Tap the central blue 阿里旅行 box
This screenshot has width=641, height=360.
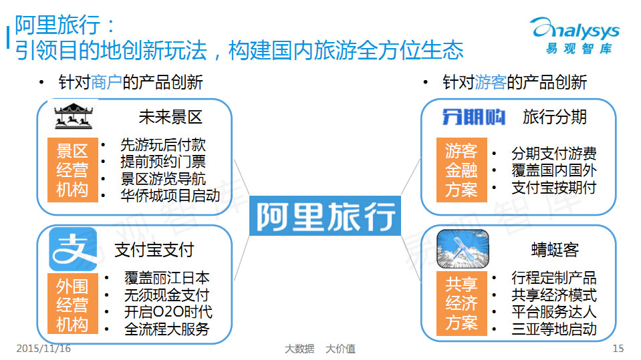[x=325, y=216]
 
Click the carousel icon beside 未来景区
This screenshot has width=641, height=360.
[x=74, y=116]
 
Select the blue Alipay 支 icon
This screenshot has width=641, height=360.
[x=73, y=249]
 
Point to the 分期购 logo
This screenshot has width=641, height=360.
[x=473, y=117]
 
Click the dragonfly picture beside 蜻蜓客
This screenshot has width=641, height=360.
[x=463, y=249]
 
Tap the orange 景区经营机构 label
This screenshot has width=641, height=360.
[x=73, y=170]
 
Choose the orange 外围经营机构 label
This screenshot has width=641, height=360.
[x=73, y=304]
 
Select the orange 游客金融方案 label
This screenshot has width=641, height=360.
[x=462, y=170]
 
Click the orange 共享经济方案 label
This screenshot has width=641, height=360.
[x=462, y=304]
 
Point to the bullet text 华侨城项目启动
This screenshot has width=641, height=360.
[x=170, y=196]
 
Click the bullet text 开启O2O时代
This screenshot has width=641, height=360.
[x=168, y=312]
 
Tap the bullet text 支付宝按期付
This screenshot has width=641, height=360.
[x=553, y=188]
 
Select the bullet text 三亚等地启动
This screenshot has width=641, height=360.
[x=553, y=329]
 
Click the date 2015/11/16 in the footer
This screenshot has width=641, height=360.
[x=43, y=349]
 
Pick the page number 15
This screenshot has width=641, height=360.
[x=618, y=349]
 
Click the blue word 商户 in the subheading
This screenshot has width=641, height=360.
[x=106, y=82]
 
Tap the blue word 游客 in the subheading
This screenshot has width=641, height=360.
[x=491, y=82]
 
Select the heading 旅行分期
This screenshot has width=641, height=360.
[x=554, y=117]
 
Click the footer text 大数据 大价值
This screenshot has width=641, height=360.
[x=320, y=349]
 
